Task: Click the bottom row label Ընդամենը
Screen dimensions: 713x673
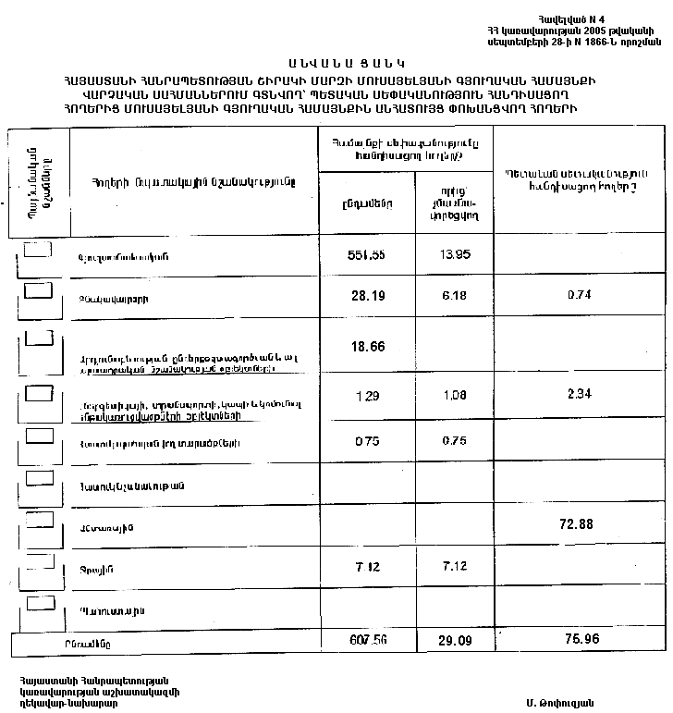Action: (92, 641)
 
